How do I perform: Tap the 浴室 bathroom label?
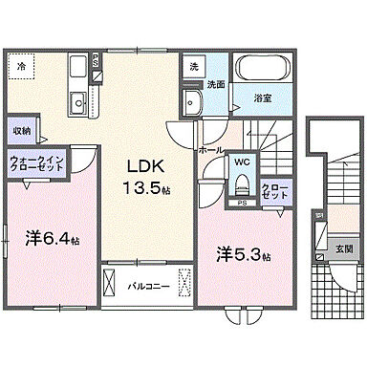pyautogui.click(x=262, y=97)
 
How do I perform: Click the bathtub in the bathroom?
pyautogui.click(x=264, y=70)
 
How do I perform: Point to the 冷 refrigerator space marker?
pyautogui.click(x=22, y=66)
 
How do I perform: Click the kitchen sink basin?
pyautogui.click(x=77, y=99)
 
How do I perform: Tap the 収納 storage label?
pyautogui.click(x=22, y=130)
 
